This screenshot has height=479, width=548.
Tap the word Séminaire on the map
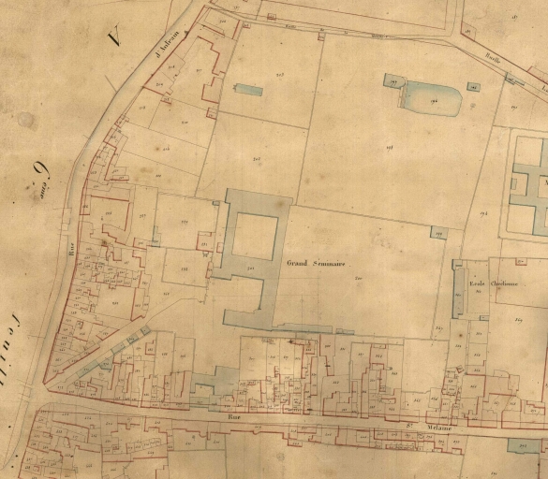tap(329, 264)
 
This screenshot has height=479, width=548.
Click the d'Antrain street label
tap(168, 65)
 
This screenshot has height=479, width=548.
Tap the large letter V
tap(115, 38)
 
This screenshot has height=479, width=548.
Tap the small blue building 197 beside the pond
tap(392, 82)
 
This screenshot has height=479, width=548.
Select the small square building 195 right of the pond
tap(472, 86)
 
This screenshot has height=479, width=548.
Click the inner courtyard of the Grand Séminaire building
tap(253, 237)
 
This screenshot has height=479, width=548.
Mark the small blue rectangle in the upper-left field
tap(248, 90)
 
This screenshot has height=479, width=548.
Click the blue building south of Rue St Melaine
tap(525, 445)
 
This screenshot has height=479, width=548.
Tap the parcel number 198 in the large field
tap(389, 148)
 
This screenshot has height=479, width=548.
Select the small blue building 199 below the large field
tap(438, 232)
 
